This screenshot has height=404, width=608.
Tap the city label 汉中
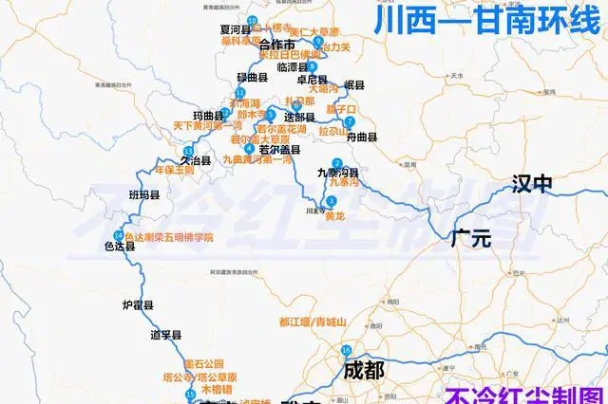pos(533,184)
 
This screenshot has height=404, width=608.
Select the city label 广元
pos(472,237)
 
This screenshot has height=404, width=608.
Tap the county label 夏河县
pos(234,30)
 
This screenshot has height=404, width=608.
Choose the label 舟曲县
pos(361,138)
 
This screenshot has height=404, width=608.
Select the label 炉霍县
pos(139,305)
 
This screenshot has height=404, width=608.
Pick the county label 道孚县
pos(165,335)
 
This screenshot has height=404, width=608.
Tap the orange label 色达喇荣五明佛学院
pos(169,236)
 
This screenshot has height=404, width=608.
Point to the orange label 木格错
pos(221,389)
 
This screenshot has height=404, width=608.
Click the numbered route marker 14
pos(117,235)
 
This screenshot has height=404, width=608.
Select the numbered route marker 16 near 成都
pos(346,350)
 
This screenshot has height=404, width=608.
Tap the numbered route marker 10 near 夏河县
pos(251,20)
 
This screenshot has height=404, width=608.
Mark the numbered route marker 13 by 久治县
pos(188,151)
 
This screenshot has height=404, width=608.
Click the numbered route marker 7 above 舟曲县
pos(350,122)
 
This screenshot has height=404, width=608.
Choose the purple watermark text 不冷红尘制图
pos(525,393)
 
